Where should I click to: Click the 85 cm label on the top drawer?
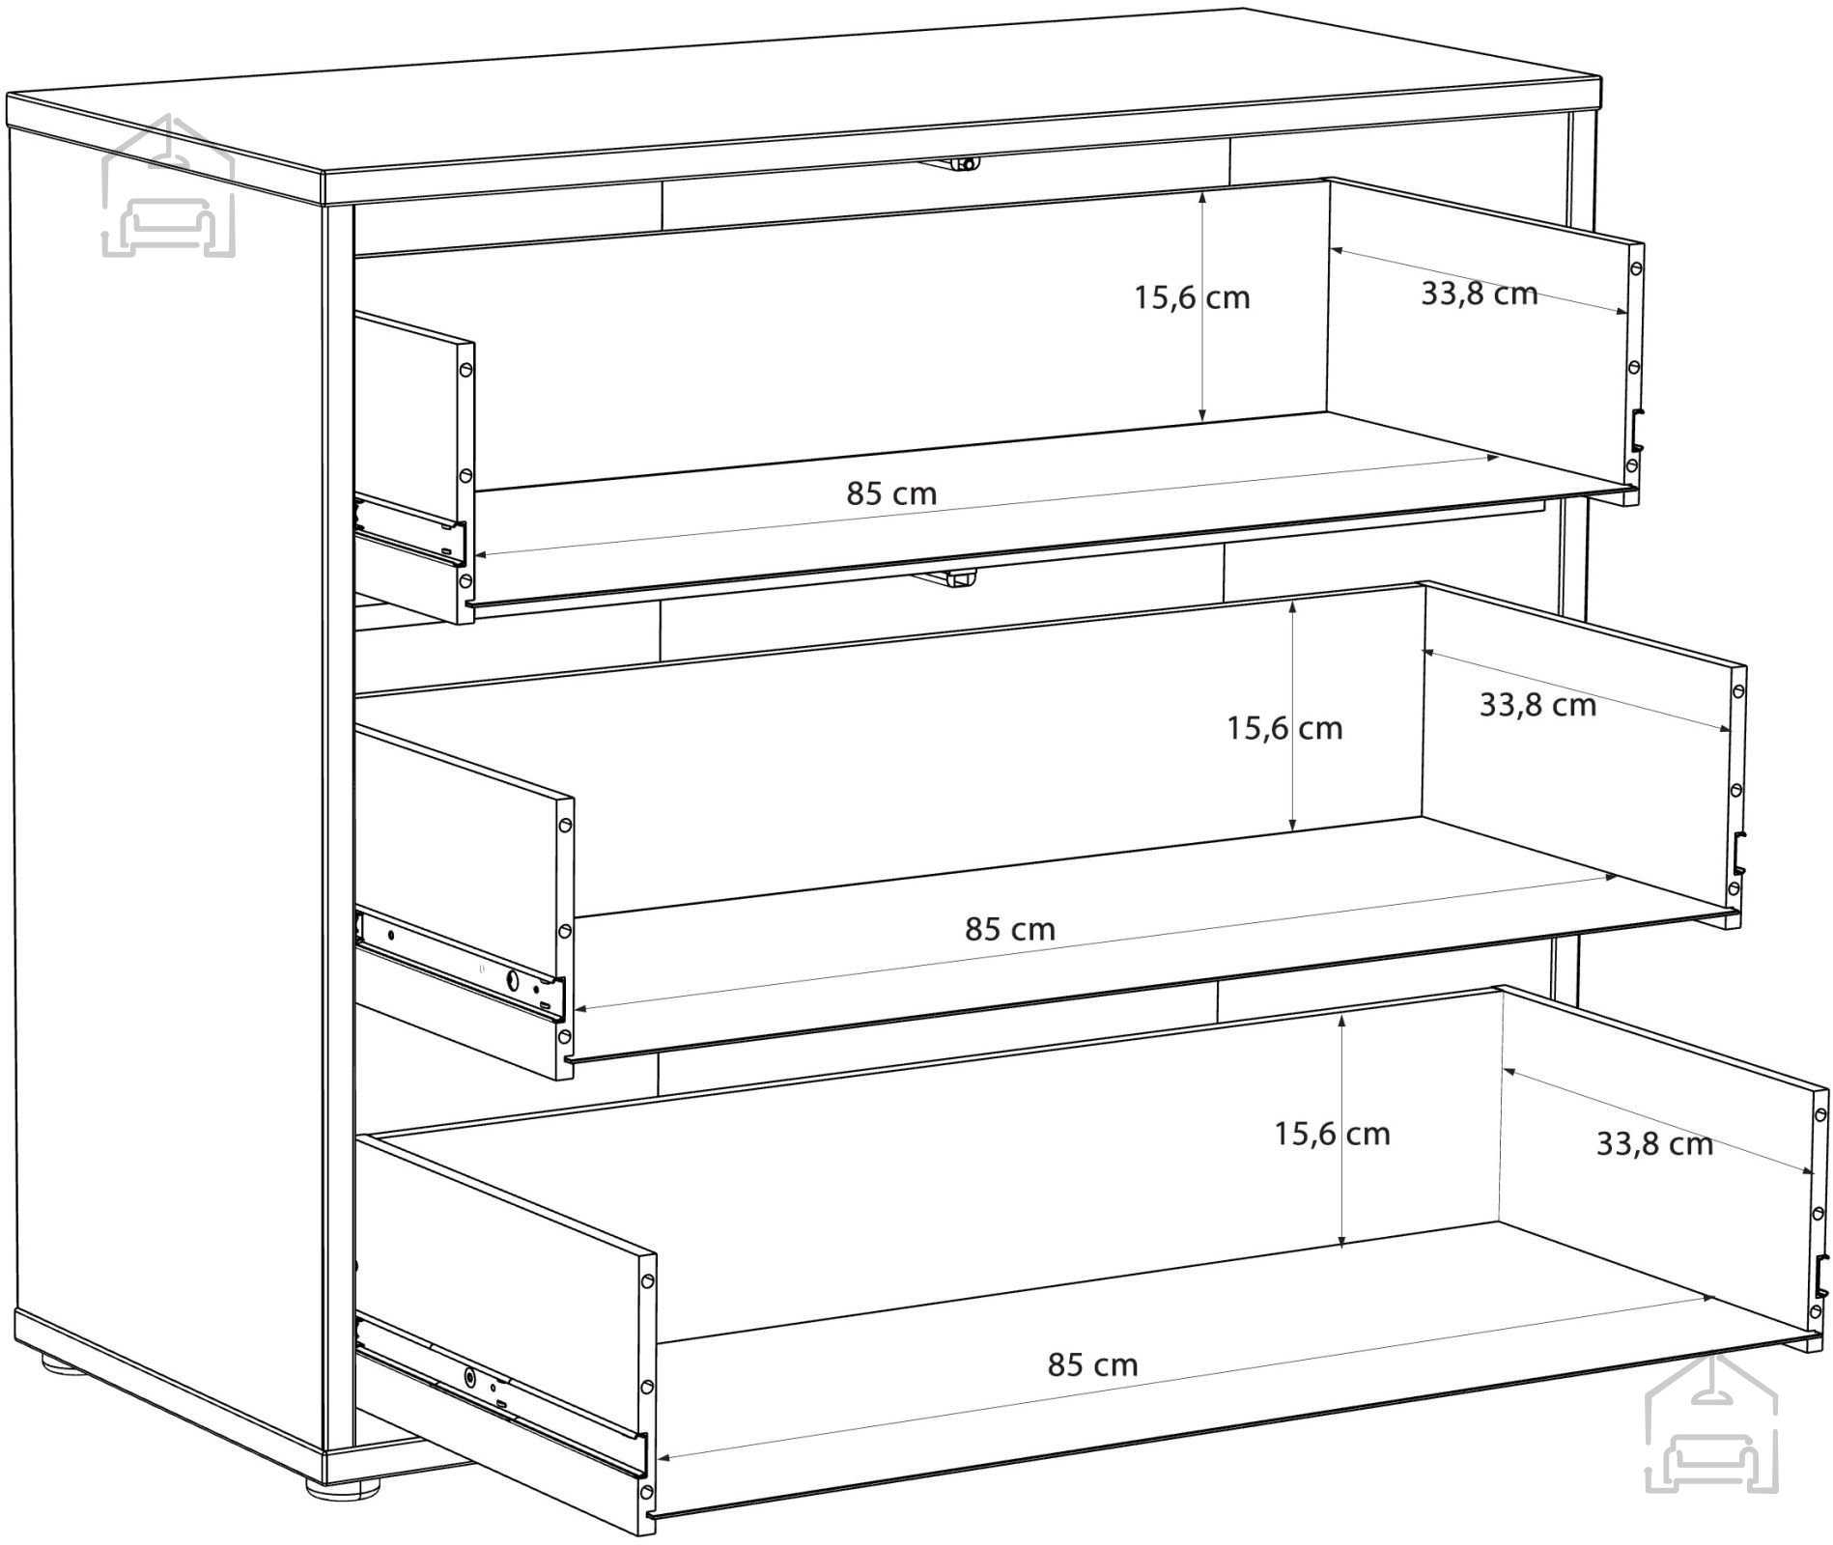click(891, 493)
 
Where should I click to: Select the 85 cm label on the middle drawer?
click(1009, 929)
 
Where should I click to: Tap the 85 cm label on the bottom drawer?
click(1092, 1364)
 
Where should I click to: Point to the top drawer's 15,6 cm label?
click(1192, 297)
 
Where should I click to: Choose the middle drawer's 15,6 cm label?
click(1284, 727)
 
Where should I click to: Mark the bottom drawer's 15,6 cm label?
click(1332, 1133)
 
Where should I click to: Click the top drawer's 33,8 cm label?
click(1479, 293)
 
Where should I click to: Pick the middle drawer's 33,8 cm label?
click(1537, 705)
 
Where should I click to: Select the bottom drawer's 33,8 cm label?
click(1654, 1143)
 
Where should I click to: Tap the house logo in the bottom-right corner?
click(1711, 1420)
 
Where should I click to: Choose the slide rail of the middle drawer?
click(460, 966)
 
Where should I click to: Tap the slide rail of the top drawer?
click(410, 529)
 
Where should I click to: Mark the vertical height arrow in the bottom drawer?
click(1342, 1124)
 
